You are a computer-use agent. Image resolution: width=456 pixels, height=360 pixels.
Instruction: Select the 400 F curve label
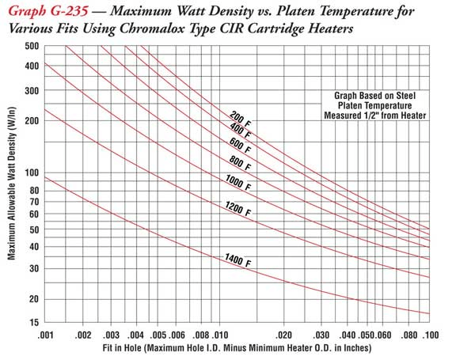(x=241, y=128)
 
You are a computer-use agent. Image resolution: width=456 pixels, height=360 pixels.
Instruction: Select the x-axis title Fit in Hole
(x=236, y=348)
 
